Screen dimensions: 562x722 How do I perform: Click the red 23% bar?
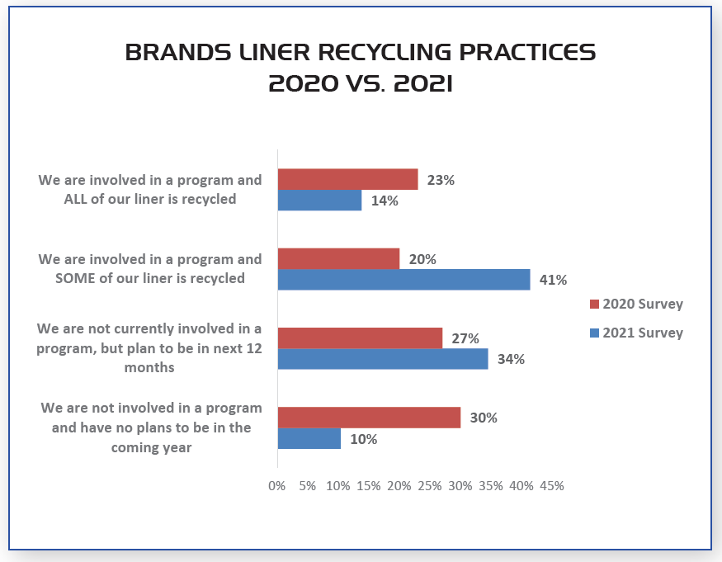(x=347, y=179)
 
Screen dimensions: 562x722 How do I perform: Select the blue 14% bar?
(x=319, y=200)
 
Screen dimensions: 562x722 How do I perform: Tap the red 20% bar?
(x=338, y=258)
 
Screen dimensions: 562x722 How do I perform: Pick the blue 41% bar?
(x=403, y=279)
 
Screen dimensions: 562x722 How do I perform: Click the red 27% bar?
(x=360, y=338)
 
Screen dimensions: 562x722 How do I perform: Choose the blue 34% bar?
(x=383, y=359)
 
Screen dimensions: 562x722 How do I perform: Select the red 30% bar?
(x=369, y=418)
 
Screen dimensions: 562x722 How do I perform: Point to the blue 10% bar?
(x=309, y=438)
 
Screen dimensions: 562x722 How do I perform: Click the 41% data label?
(x=553, y=280)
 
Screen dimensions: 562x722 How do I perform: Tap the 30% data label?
(x=483, y=418)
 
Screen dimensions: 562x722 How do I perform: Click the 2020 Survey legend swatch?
(x=594, y=305)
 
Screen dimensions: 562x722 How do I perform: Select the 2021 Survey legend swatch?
(x=594, y=333)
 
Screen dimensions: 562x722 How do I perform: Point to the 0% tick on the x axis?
(x=277, y=486)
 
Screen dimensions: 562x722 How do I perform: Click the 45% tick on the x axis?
(x=551, y=486)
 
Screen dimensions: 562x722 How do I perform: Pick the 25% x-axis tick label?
(x=430, y=486)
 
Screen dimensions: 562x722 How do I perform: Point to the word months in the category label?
(x=149, y=367)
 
